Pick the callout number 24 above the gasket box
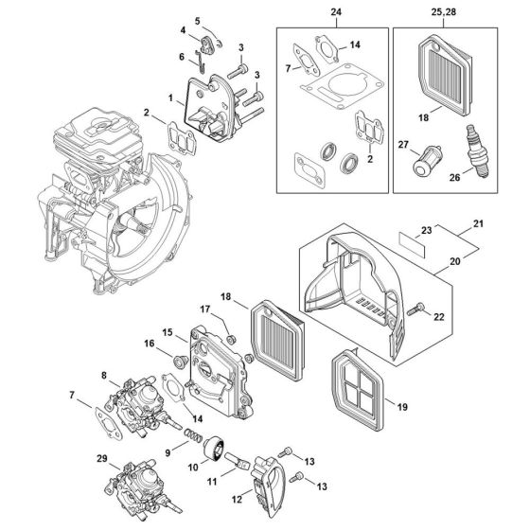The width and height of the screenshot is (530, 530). pos(334,14)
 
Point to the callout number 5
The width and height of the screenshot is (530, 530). pos(198,21)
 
